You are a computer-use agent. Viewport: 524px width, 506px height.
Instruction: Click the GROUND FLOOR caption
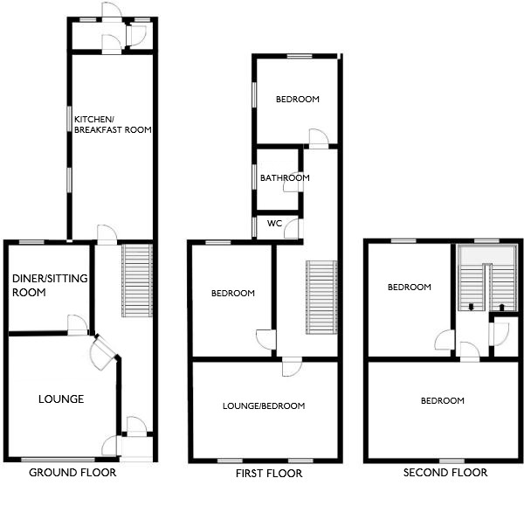(72, 473)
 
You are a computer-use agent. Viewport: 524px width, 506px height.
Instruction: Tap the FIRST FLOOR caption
(269, 474)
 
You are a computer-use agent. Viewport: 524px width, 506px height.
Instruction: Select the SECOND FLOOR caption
(445, 473)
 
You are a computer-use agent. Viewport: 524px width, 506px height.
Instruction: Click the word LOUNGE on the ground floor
(61, 399)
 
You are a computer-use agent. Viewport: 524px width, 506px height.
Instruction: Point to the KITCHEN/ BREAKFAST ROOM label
(113, 124)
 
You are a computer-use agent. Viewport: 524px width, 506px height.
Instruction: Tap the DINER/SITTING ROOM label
(50, 285)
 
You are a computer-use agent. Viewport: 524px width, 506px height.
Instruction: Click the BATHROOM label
(285, 178)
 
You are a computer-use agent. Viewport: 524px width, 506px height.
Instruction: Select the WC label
(275, 223)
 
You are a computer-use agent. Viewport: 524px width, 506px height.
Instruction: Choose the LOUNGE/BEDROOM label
(264, 406)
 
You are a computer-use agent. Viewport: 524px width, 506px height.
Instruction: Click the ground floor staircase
(137, 281)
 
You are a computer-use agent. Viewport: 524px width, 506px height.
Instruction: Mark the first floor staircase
(321, 297)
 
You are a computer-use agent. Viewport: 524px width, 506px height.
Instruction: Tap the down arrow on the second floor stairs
(472, 307)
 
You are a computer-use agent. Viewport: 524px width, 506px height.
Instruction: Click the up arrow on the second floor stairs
(501, 308)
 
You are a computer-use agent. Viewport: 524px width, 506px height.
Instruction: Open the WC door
(292, 228)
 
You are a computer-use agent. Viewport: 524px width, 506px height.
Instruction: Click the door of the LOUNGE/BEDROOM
(292, 366)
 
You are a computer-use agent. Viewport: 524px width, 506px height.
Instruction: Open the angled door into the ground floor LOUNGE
(102, 353)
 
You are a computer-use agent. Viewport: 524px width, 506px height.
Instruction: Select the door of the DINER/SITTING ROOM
(78, 325)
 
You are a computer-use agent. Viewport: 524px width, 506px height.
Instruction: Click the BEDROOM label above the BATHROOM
(298, 99)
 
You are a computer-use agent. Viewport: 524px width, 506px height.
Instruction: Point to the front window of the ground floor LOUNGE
(58, 460)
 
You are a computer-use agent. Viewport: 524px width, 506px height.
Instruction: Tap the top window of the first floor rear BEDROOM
(300, 56)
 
